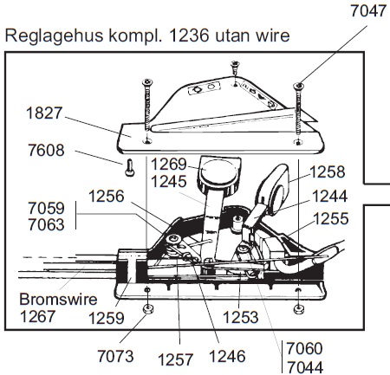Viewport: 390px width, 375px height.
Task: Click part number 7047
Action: (x=368, y=11)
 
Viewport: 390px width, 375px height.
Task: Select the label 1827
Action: (x=44, y=113)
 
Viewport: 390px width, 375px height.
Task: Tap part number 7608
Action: (x=46, y=151)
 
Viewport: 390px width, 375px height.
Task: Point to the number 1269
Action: (x=169, y=165)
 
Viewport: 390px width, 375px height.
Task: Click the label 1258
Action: (x=328, y=172)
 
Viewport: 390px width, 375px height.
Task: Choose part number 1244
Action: (x=329, y=197)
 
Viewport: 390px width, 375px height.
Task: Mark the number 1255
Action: (x=331, y=218)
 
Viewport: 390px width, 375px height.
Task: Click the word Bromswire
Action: (x=58, y=300)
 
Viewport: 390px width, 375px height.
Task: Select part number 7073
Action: (x=115, y=356)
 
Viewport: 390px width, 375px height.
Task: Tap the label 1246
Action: (x=227, y=356)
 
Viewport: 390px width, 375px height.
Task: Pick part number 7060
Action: (x=304, y=348)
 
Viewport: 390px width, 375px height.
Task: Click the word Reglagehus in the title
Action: (x=54, y=36)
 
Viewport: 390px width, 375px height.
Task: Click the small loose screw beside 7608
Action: (x=130, y=167)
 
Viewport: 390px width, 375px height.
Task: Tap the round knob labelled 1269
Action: (x=218, y=172)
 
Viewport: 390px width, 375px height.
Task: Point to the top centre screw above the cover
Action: (x=235, y=67)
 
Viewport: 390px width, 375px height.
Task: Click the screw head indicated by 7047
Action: (x=298, y=86)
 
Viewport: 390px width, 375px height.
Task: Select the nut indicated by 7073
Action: (x=148, y=309)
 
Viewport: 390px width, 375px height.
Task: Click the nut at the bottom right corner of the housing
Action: (x=298, y=309)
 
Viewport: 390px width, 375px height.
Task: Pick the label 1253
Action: (x=241, y=318)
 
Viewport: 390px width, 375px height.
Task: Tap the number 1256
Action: (x=107, y=197)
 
